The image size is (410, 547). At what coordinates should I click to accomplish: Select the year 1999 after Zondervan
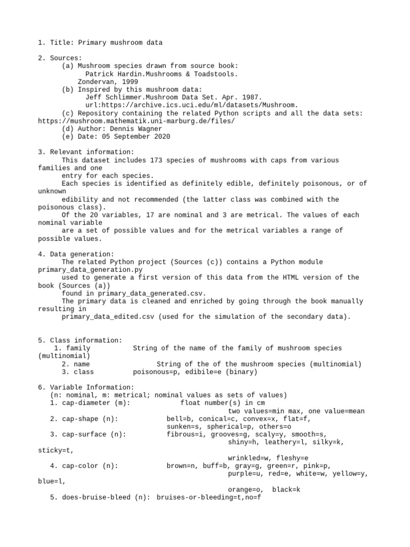[x=129, y=82]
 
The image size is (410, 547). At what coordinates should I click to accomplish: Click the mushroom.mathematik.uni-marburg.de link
[x=136, y=121]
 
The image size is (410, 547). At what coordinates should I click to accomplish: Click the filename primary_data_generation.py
[x=91, y=270]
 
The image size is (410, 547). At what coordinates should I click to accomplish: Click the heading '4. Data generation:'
[x=76, y=254]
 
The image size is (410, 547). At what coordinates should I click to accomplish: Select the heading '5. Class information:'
[x=80, y=340]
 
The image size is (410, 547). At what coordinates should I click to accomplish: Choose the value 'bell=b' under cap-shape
[x=178, y=419]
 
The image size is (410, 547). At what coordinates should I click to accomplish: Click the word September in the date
[x=131, y=137]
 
